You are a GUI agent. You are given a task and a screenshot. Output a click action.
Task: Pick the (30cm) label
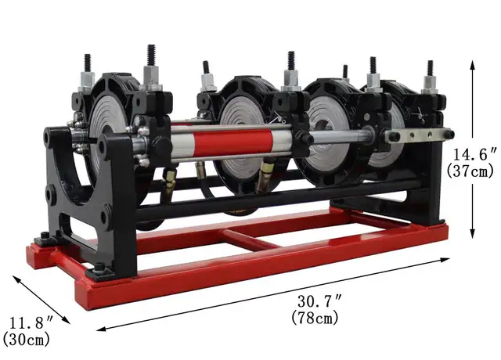25,339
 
